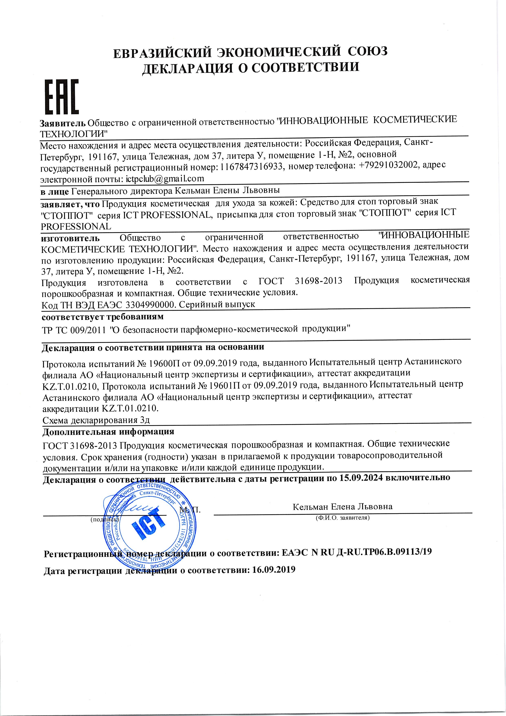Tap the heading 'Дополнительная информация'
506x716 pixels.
point(108,432)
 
